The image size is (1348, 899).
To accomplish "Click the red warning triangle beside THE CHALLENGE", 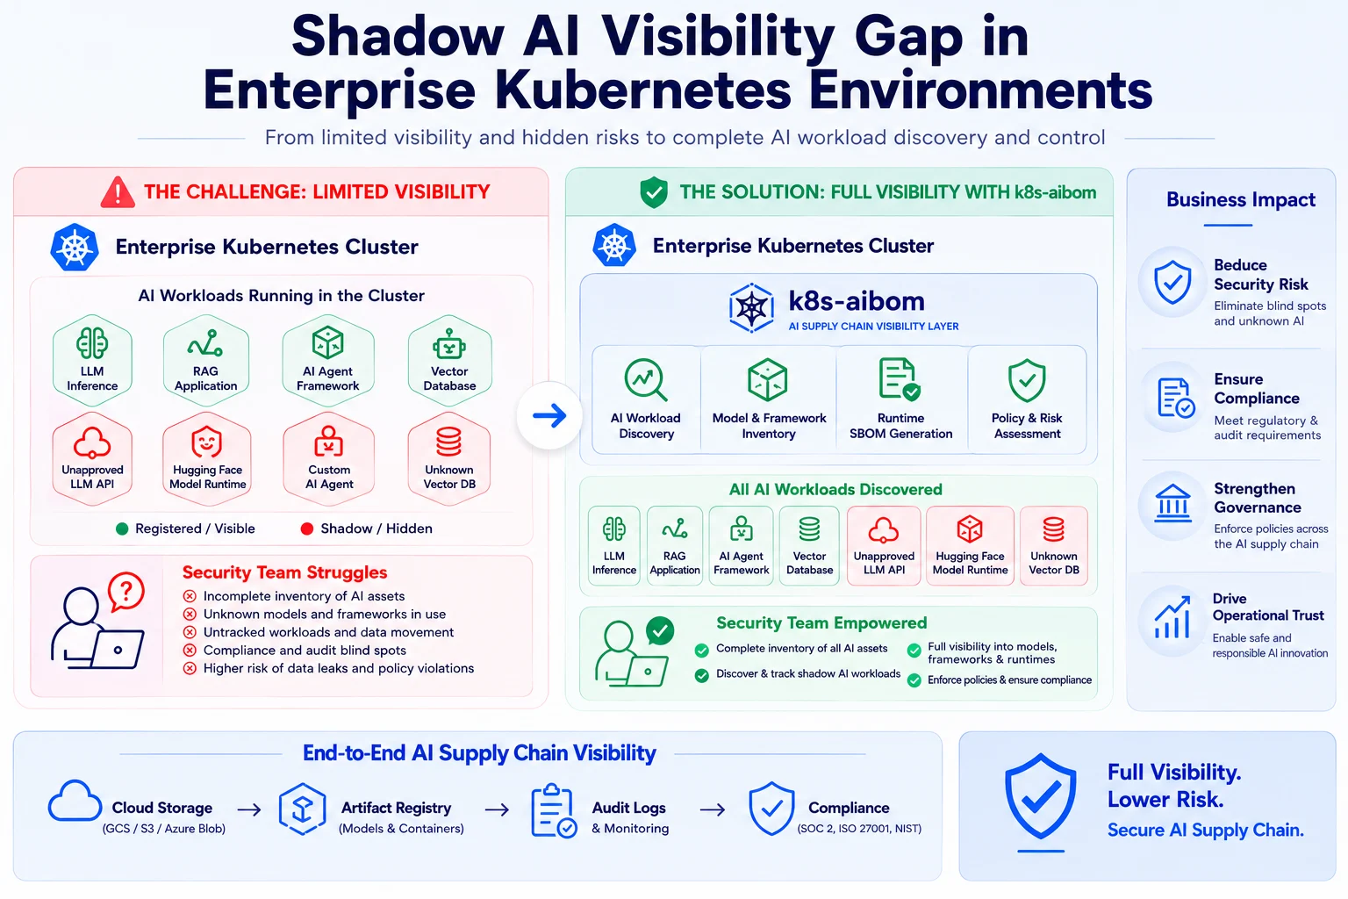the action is pos(118,192).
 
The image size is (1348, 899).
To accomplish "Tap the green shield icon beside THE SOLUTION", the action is pos(654,192).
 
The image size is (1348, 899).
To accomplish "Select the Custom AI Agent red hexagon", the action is pos(328,459).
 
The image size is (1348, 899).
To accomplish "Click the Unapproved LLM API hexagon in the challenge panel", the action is pos(92,459).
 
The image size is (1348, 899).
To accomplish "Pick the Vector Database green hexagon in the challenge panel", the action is pos(449,361).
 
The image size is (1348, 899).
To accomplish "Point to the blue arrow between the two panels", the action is pos(549,415).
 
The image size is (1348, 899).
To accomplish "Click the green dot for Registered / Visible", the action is pos(122,529).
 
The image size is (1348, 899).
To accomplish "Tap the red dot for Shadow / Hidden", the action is pos(307,529).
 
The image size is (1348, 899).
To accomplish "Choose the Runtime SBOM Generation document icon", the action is pos(899,379).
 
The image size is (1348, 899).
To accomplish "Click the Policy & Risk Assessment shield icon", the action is pos(1027,380).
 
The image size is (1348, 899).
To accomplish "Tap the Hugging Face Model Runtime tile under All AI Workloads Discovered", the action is pos(970,545).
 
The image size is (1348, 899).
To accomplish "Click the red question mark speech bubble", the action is pos(126,592).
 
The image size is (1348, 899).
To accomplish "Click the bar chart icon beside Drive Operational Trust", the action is pos(1172,617).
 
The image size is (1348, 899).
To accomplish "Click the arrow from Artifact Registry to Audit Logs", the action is pos(497,809).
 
